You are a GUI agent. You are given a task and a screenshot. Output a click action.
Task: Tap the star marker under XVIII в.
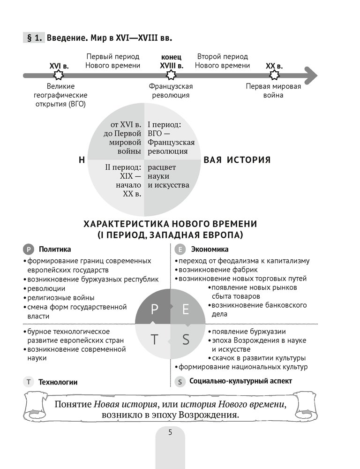171,75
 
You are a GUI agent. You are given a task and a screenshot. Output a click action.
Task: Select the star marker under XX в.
274,75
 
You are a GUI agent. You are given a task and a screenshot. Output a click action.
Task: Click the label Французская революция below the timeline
171,91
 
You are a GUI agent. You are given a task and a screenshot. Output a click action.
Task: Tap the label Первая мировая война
274,91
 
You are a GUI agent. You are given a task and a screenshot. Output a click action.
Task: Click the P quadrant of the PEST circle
155,310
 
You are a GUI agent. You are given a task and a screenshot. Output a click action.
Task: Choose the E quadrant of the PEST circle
185,310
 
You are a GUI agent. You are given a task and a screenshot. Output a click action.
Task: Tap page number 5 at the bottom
170,432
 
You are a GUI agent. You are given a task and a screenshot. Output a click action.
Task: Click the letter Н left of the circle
82,160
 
